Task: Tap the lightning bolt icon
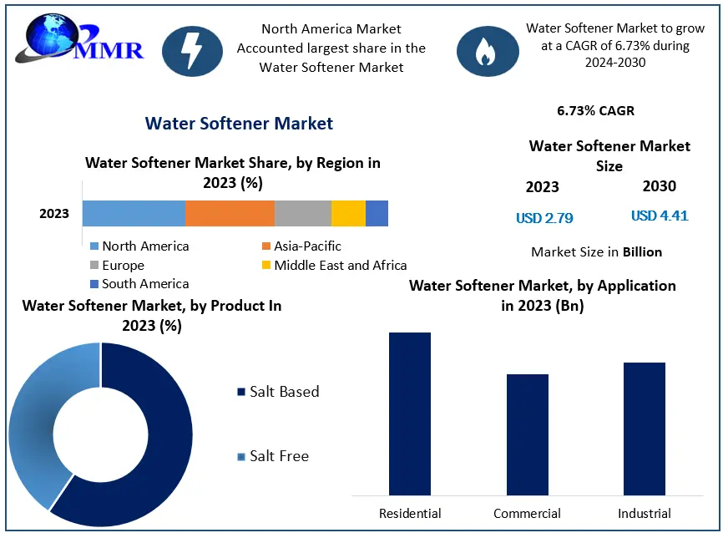[x=192, y=49]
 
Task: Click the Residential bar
[x=409, y=413]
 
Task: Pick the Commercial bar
[x=527, y=434]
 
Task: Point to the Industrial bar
[x=644, y=428]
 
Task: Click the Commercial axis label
[x=527, y=513]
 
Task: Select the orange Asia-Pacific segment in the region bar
[x=230, y=214]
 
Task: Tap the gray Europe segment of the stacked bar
[x=302, y=214]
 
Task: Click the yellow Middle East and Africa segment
[x=348, y=214]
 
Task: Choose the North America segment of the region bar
[x=134, y=214]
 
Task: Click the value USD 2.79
[x=544, y=219]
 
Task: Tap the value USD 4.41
[x=660, y=216]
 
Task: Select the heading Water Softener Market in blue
[x=239, y=124]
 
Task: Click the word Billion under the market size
[x=642, y=251]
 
